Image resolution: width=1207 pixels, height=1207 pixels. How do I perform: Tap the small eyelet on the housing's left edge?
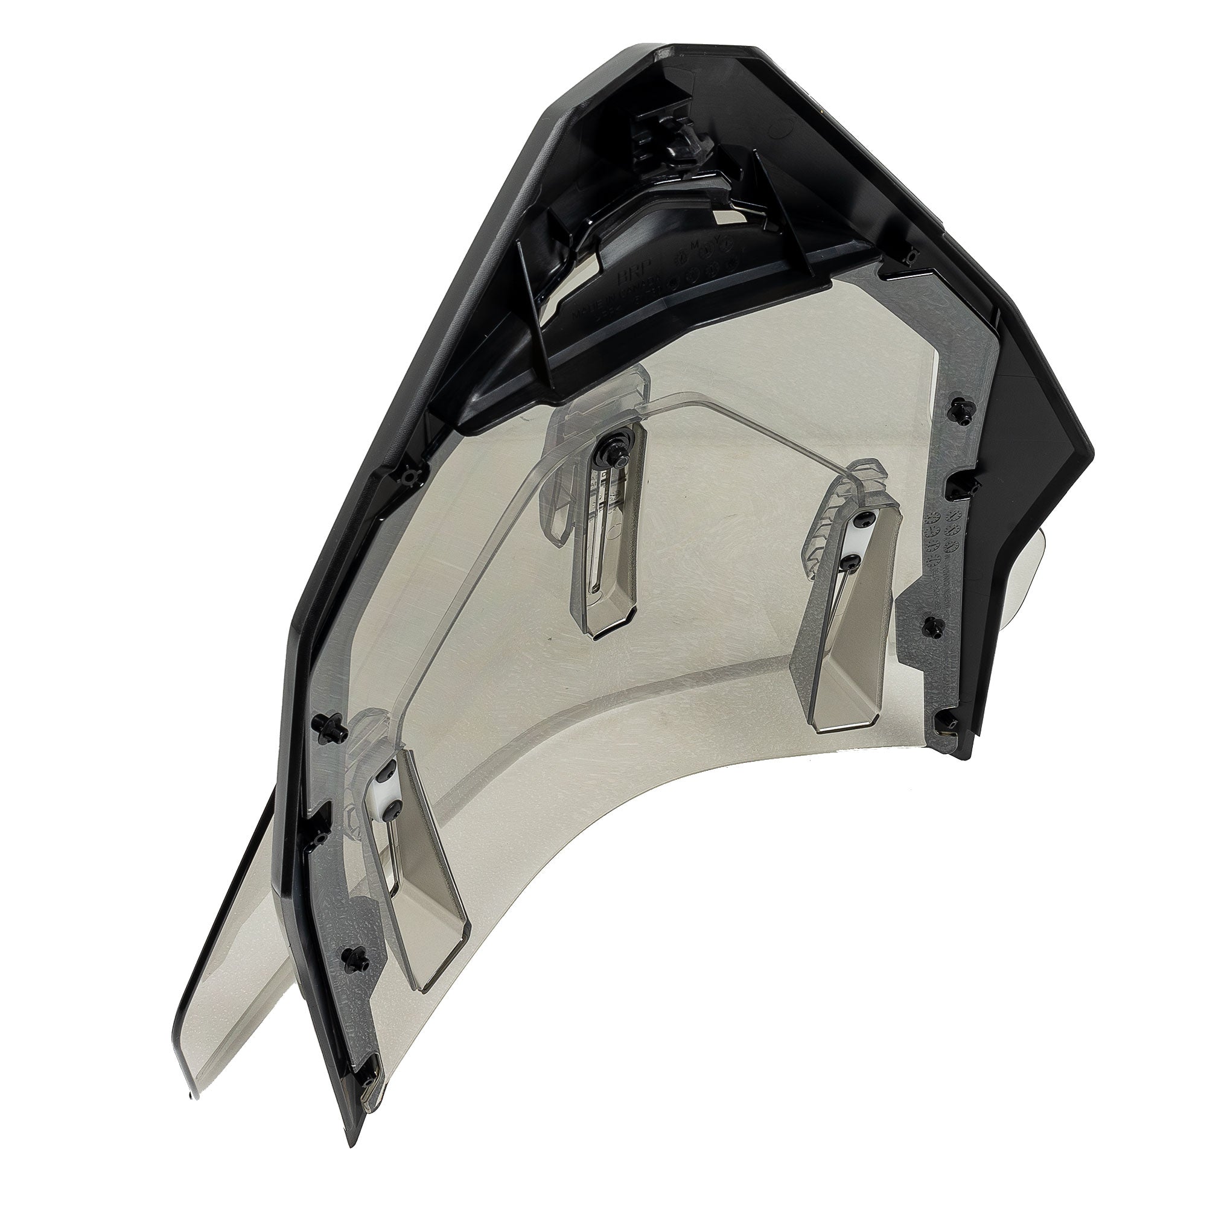coord(409,478)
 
